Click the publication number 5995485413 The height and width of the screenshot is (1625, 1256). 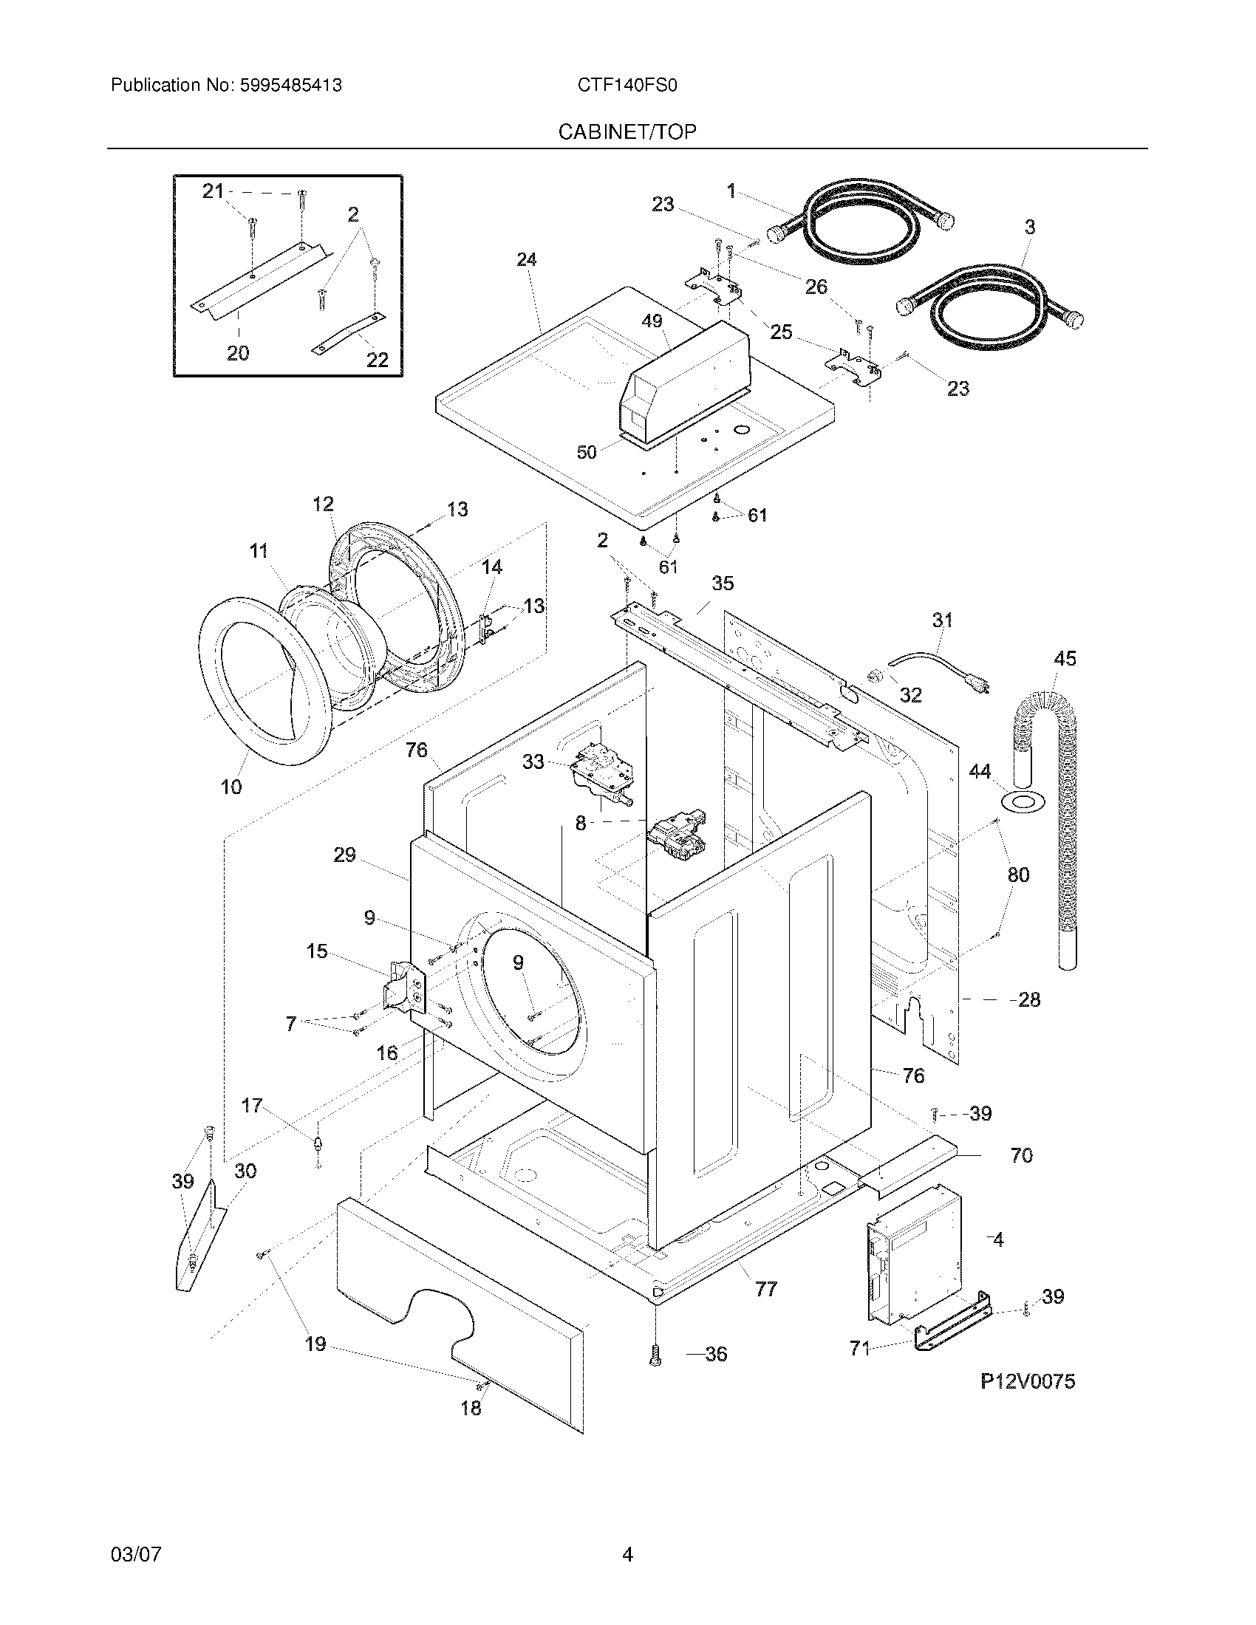pyautogui.click(x=290, y=86)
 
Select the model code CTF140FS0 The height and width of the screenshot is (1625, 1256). pyautogui.click(x=627, y=86)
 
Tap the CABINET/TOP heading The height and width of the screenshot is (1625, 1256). pyautogui.click(x=627, y=132)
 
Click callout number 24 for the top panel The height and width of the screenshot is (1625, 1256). pyautogui.click(x=527, y=260)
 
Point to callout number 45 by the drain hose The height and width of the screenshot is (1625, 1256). pyautogui.click(x=1065, y=658)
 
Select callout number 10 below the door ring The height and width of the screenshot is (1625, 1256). pyautogui.click(x=231, y=787)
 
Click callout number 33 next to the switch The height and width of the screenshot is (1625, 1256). pyautogui.click(x=533, y=762)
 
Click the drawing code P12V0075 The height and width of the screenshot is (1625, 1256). pyautogui.click(x=1027, y=1382)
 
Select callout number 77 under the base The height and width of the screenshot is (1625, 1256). pyautogui.click(x=765, y=1289)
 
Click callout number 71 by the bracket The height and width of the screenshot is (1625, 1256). pyautogui.click(x=859, y=1348)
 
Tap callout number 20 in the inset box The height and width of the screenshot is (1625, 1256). pyautogui.click(x=238, y=352)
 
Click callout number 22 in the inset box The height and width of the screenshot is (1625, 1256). pyautogui.click(x=378, y=360)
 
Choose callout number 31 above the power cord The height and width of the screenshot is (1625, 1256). pyautogui.click(x=942, y=620)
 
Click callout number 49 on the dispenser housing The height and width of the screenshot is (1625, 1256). pyautogui.click(x=652, y=321)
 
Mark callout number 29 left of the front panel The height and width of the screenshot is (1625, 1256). pyautogui.click(x=344, y=855)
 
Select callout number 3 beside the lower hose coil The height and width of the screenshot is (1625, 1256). pyautogui.click(x=1030, y=227)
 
